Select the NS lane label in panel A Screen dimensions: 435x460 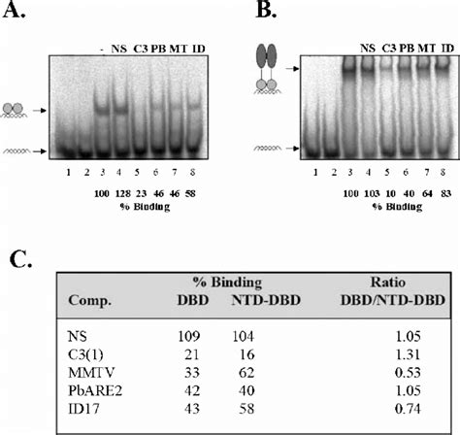tap(119, 48)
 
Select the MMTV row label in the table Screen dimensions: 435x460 tap(75, 374)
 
